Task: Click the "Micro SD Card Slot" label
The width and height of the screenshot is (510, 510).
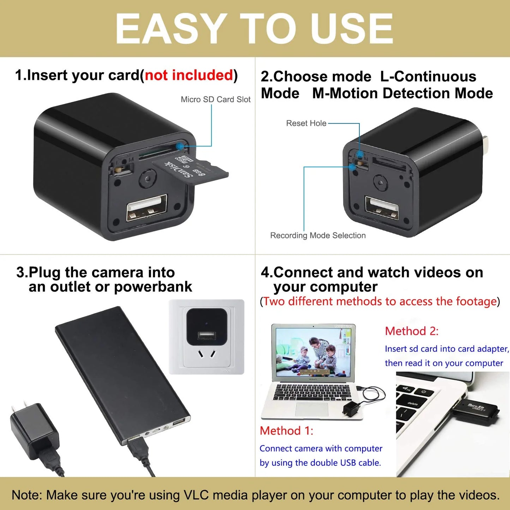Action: tap(215, 100)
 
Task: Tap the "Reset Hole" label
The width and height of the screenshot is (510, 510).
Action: tap(306, 123)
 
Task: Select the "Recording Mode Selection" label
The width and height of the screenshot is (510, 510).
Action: tap(318, 235)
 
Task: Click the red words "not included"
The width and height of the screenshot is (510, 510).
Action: tap(189, 75)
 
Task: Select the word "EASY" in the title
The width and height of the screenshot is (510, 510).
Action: tap(171, 28)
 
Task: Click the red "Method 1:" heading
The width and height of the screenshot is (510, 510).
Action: tap(286, 431)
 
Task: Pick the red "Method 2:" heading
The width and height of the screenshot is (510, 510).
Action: tap(412, 331)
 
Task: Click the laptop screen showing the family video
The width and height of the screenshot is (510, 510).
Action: tap(313, 352)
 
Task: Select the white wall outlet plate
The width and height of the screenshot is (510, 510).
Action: tap(206, 337)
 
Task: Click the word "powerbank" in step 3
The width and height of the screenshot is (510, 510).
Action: tap(153, 287)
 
